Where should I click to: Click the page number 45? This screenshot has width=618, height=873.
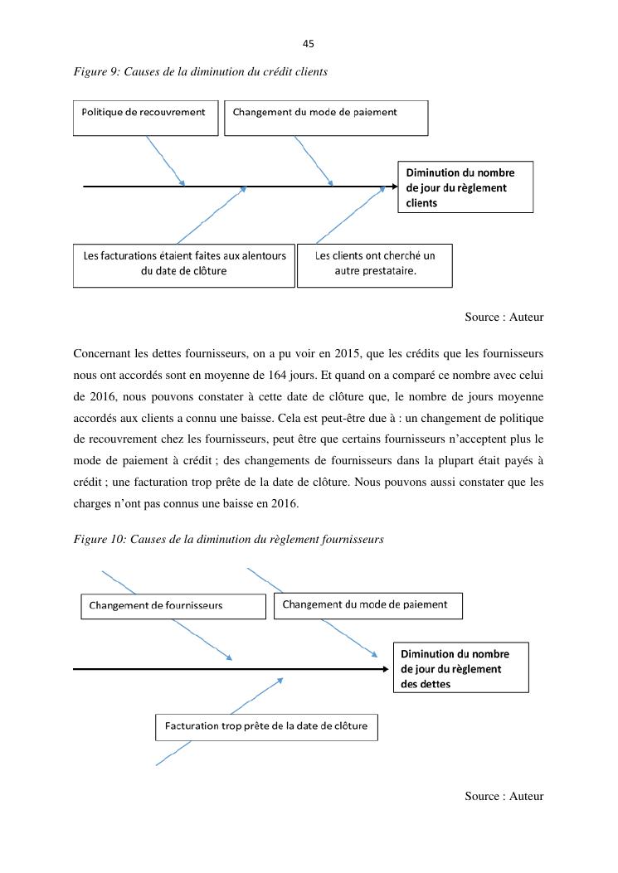pyautogui.click(x=309, y=44)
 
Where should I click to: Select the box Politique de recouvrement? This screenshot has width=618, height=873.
pyautogui.click(x=145, y=118)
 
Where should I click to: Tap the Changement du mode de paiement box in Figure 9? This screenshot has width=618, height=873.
pyautogui.click(x=326, y=118)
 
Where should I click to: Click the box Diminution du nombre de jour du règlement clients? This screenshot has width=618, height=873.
pyautogui.click(x=465, y=187)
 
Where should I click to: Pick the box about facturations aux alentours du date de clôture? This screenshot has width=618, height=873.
pyautogui.click(x=183, y=264)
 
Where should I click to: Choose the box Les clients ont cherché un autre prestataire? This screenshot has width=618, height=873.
pyautogui.click(x=374, y=264)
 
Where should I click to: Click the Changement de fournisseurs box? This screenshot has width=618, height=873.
pyautogui.click(x=173, y=605)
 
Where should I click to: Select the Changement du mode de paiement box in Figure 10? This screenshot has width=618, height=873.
pyautogui.click(x=367, y=605)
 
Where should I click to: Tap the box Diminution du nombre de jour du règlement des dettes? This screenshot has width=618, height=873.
pyautogui.click(x=460, y=668)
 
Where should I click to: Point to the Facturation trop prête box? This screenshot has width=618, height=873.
pyautogui.click(x=265, y=727)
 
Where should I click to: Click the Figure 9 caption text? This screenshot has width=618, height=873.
pyautogui.click(x=200, y=72)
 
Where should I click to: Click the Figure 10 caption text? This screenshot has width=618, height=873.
pyautogui.click(x=228, y=540)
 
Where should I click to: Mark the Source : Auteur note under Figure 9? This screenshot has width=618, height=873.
pyautogui.click(x=504, y=318)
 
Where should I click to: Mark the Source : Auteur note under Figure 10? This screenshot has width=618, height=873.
pyautogui.click(x=504, y=797)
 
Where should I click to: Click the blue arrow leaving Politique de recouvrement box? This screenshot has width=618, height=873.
pyautogui.click(x=165, y=161)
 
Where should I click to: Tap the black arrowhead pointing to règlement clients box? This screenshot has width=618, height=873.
pyautogui.click(x=394, y=187)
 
